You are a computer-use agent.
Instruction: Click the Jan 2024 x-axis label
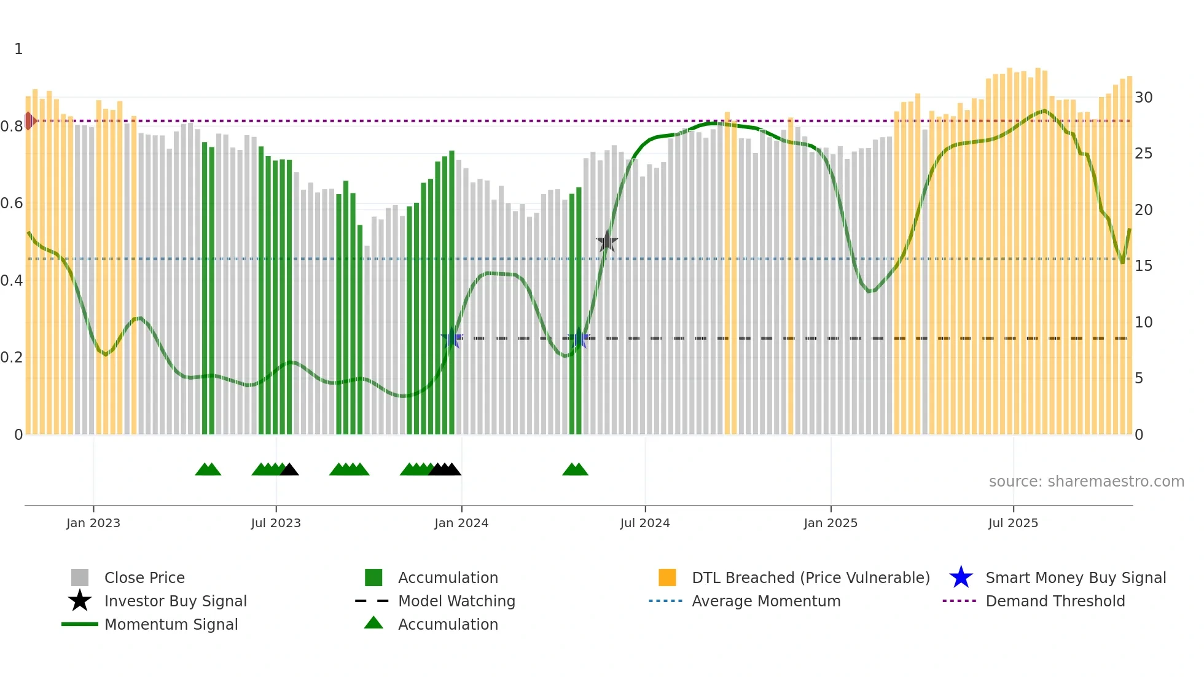(x=461, y=523)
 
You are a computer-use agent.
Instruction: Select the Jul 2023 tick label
(x=276, y=523)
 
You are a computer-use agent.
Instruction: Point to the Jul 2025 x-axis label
(x=1013, y=523)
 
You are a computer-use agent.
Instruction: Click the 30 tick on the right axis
(x=1143, y=98)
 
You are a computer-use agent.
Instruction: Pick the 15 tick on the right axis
(x=1143, y=266)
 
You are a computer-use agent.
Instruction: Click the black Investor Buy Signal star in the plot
(x=607, y=241)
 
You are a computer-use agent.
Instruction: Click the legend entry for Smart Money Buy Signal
(x=1075, y=577)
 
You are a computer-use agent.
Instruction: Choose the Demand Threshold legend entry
(x=1055, y=601)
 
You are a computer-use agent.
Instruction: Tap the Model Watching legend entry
(x=456, y=601)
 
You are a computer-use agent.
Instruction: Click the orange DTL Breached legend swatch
(x=667, y=577)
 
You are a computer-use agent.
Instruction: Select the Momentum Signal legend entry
(x=171, y=624)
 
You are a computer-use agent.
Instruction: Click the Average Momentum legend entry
(x=765, y=601)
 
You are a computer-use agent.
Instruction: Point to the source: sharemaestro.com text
(x=1086, y=482)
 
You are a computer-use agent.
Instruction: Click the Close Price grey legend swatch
(x=80, y=577)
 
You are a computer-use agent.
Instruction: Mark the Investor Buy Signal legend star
(x=80, y=601)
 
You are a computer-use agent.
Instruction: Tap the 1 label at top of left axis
(x=18, y=49)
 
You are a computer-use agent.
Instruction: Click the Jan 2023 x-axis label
(x=93, y=523)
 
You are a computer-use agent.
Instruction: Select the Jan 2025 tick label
(x=830, y=523)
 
